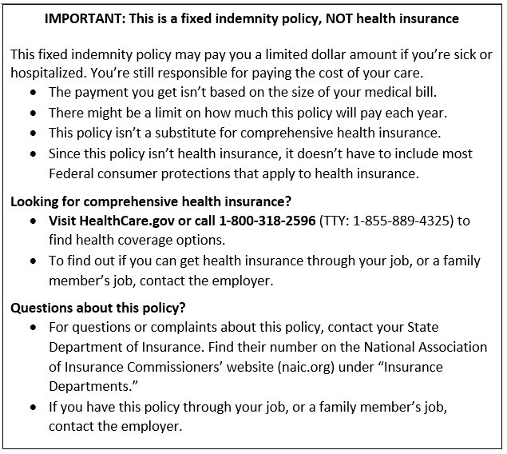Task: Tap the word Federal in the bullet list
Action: [72, 173]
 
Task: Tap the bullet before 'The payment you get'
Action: [32, 93]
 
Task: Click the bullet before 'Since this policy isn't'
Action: [32, 153]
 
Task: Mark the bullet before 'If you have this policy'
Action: [32, 407]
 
